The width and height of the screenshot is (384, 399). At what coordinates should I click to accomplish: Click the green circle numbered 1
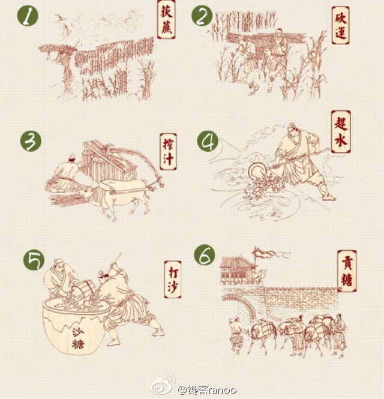click(26, 16)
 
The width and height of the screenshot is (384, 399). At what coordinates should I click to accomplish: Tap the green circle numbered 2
click(202, 16)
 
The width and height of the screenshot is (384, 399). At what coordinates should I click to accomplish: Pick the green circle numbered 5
click(34, 260)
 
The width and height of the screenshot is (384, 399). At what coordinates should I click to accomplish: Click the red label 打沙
click(170, 277)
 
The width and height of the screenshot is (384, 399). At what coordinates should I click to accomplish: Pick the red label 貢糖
click(346, 271)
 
